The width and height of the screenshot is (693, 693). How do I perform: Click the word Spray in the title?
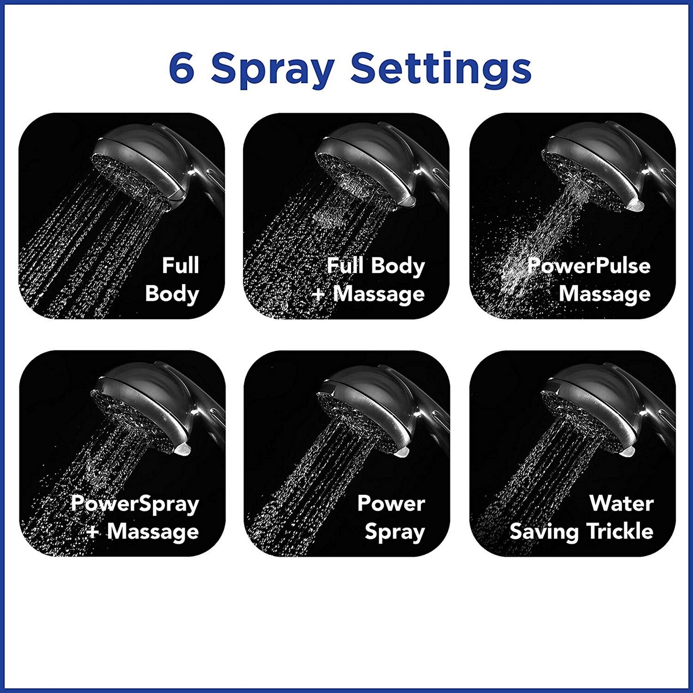(273, 70)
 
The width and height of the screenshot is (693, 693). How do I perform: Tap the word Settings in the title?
(441, 70)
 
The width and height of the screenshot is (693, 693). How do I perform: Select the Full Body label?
(172, 280)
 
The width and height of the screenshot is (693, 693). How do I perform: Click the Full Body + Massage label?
(368, 280)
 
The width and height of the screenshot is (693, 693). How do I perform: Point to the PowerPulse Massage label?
(589, 280)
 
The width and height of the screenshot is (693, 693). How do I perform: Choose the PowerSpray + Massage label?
(135, 517)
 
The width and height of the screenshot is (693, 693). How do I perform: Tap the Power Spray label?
(391, 517)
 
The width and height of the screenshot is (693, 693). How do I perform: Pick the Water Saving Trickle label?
(582, 517)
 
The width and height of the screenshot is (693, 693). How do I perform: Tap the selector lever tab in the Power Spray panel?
(401, 451)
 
